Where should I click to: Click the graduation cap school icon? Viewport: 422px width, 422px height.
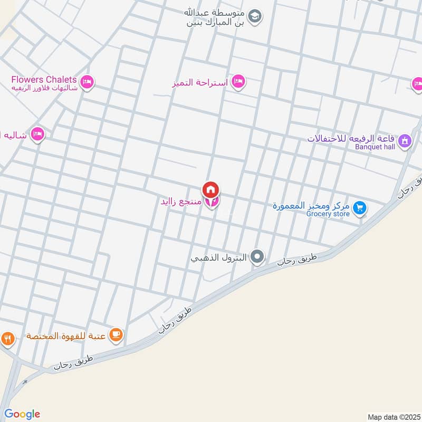pos(255,17)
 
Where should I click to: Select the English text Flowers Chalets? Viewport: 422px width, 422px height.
pos(44,80)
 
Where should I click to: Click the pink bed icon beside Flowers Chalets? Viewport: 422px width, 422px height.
pos(88,82)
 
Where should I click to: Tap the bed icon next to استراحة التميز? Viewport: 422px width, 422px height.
pos(239,81)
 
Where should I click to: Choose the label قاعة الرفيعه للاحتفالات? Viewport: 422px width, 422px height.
pos(351,139)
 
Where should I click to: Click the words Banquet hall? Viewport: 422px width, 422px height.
pos(375,147)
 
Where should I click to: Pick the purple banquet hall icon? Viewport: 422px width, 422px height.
pos(405,140)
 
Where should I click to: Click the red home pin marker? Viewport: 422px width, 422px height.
pos(210,189)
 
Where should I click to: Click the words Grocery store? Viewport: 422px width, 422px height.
pos(328,214)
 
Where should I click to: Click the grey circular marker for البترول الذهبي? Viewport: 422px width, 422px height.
pos(257,257)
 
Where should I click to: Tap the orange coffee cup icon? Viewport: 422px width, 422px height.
pos(116,334)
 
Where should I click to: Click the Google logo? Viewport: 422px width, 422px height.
pos(22,414)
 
